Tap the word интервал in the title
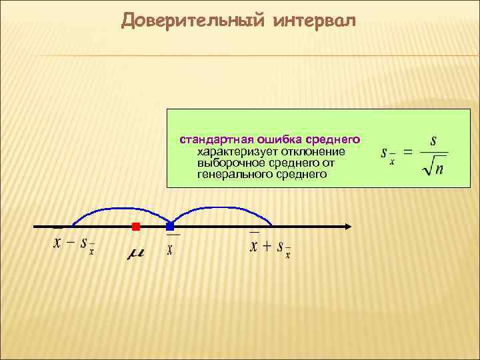(x=315, y=21)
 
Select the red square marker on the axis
(x=136, y=227)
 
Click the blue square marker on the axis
(x=170, y=227)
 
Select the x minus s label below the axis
(x=73, y=244)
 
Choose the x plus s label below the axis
(x=269, y=247)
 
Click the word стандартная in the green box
(x=213, y=140)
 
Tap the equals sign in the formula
(x=407, y=153)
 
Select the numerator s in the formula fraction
(x=434, y=141)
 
